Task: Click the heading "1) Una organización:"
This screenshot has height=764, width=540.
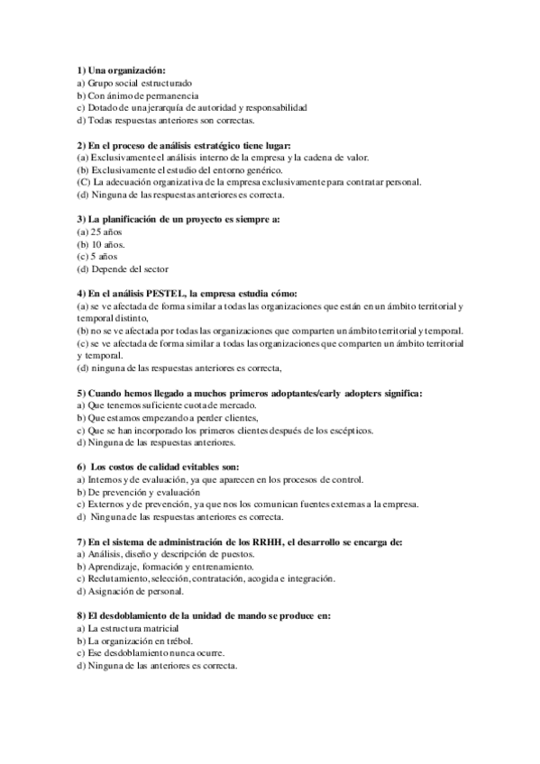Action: [121, 69]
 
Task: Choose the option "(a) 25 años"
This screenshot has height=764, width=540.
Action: [100, 232]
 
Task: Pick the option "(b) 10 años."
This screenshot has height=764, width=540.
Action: [102, 244]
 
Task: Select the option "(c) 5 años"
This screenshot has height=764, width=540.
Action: [97, 256]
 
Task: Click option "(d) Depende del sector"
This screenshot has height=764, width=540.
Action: [123, 268]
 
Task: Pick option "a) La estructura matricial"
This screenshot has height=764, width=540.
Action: [128, 628]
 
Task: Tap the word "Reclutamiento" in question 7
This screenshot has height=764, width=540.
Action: [114, 578]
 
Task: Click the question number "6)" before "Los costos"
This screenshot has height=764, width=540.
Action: [81, 468]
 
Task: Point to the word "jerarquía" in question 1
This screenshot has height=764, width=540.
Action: [158, 107]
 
